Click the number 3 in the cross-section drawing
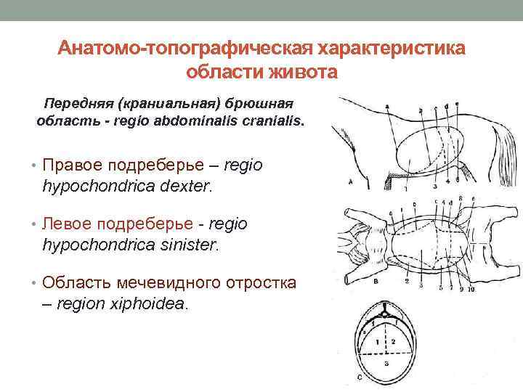386,361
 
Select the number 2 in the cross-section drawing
392,340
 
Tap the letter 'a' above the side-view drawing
387,107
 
